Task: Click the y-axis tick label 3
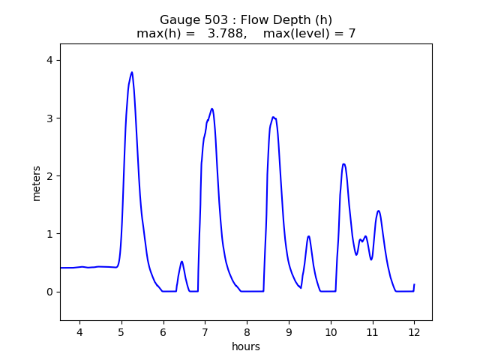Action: point(49,118)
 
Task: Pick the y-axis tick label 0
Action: point(49,292)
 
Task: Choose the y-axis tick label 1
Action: point(49,234)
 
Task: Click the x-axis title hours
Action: point(246,346)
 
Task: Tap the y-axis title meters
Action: point(37,183)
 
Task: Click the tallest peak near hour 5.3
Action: point(132,73)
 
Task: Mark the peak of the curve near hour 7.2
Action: point(212,109)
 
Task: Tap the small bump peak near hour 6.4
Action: point(181,262)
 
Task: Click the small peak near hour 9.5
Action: point(308,236)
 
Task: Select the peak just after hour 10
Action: point(343,164)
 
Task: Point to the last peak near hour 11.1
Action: point(379,211)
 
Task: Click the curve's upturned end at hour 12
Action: point(414,285)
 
